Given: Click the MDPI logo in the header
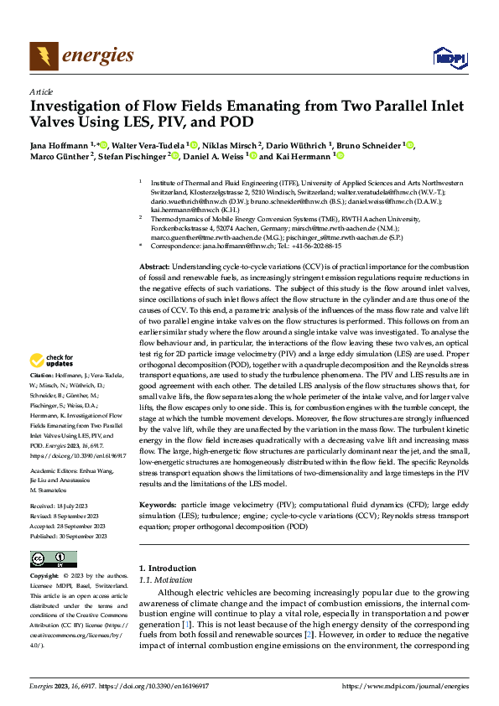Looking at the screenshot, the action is pos(448,56).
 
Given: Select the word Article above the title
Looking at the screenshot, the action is pos(41,92).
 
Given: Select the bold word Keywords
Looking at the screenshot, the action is pos(158,505).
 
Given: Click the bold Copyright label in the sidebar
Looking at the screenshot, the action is pos(44,577).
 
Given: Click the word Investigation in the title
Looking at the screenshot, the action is pos(75,106).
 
